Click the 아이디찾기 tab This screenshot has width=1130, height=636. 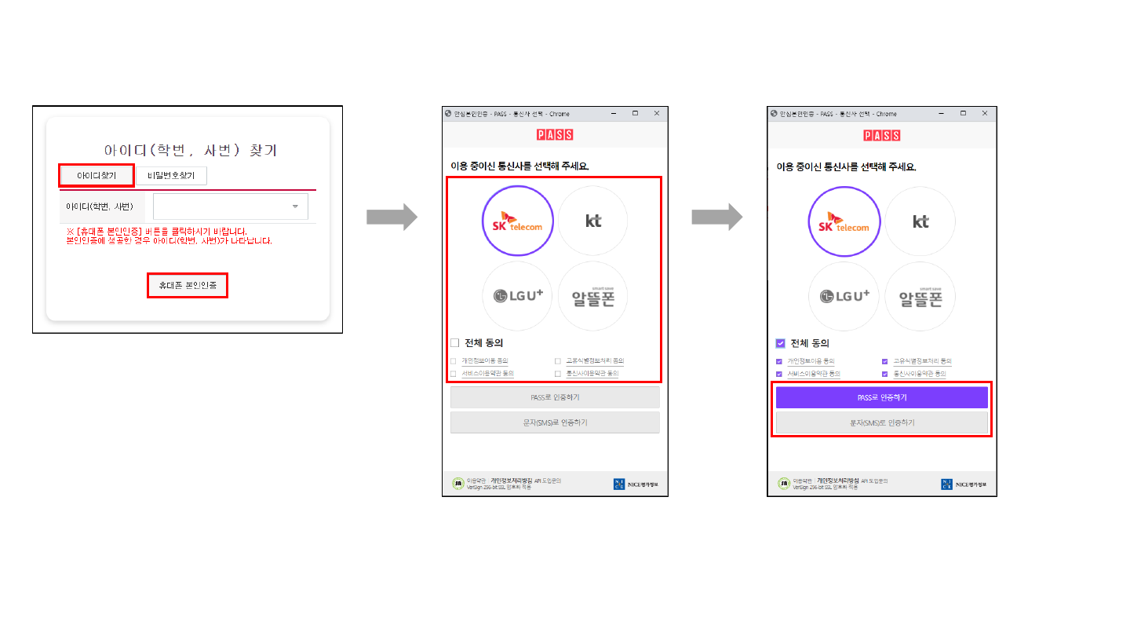[x=97, y=175]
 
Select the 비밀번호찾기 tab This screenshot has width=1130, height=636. [x=171, y=175]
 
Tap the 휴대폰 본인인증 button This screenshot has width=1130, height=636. [x=188, y=286]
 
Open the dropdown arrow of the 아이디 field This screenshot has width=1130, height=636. [x=295, y=207]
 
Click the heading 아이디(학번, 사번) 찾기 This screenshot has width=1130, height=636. [x=191, y=150]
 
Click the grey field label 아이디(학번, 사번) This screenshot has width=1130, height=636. [x=100, y=207]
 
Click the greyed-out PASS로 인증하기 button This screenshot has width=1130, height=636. [x=555, y=397]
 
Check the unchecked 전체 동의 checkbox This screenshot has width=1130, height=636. [x=454, y=342]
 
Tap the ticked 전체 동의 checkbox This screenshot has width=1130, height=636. [x=780, y=342]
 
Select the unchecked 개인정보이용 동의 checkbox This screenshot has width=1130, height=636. [x=454, y=361]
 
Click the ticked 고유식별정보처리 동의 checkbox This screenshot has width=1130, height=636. [x=885, y=361]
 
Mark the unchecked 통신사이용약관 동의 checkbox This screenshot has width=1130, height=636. [x=558, y=374]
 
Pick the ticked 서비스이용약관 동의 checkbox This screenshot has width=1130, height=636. [x=779, y=374]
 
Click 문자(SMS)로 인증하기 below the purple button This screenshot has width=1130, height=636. [x=882, y=422]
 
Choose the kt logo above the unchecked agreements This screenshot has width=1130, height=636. [x=593, y=221]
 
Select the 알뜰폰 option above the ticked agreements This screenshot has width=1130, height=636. [x=920, y=297]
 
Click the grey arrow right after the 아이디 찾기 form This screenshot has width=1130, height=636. [x=392, y=217]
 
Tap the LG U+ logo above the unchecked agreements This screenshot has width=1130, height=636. [x=517, y=296]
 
